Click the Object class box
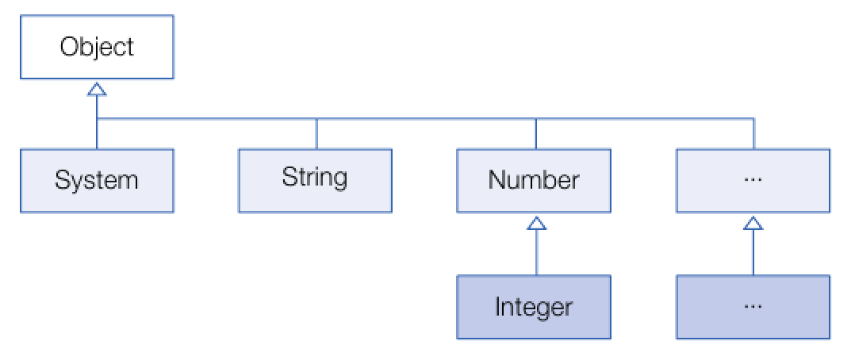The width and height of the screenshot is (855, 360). click(x=97, y=48)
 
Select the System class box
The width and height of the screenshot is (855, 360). click(x=97, y=180)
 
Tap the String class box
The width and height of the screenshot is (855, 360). click(x=315, y=180)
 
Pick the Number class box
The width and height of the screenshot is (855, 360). click(x=534, y=180)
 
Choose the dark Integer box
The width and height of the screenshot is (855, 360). click(x=534, y=307)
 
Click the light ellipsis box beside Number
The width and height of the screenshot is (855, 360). click(x=753, y=180)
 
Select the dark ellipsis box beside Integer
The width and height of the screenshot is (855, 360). click(x=753, y=307)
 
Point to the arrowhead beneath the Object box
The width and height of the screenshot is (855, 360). click(x=97, y=88)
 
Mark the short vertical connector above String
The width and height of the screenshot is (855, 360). click(x=316, y=133)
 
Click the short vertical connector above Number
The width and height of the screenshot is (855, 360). click(x=536, y=133)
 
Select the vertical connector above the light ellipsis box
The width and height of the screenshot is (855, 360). click(x=753, y=133)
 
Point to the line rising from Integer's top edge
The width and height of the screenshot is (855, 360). click(x=537, y=254)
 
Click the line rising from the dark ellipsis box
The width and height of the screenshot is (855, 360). click(x=753, y=254)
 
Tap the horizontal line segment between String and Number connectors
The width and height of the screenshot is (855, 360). click(x=426, y=120)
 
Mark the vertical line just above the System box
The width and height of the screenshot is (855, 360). click(x=97, y=135)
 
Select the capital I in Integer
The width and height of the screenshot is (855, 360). click(x=498, y=307)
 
